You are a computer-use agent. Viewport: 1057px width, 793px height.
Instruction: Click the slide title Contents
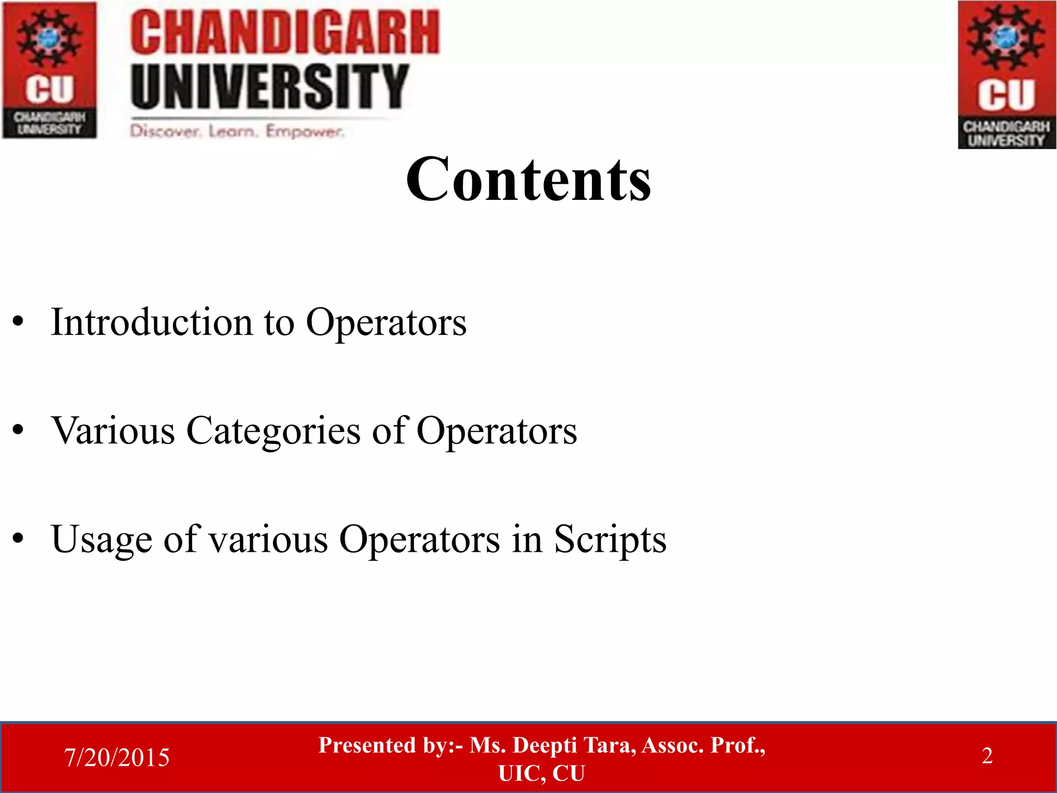(528, 179)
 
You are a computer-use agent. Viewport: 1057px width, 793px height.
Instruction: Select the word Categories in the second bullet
(273, 431)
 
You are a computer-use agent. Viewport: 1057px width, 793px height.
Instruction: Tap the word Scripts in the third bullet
(610, 540)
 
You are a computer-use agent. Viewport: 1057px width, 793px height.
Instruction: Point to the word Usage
(101, 540)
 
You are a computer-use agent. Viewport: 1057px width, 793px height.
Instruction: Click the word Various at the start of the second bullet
(113, 431)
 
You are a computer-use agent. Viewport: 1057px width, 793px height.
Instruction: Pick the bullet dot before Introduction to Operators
(19, 323)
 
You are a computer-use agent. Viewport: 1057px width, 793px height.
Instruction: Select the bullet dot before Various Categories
(19, 431)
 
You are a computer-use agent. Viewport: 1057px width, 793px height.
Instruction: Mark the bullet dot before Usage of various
(19, 539)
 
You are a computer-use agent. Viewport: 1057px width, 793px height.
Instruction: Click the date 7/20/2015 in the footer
(117, 757)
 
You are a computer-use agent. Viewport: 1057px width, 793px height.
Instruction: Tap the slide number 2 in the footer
(987, 756)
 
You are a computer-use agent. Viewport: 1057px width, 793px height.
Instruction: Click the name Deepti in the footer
(544, 745)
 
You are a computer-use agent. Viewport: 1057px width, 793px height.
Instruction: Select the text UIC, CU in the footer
(541, 773)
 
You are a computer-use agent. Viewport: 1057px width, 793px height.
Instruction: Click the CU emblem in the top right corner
(1006, 75)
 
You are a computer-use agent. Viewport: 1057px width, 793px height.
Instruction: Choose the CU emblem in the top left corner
(50, 70)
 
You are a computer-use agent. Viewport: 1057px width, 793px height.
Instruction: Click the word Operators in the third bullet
(419, 540)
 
